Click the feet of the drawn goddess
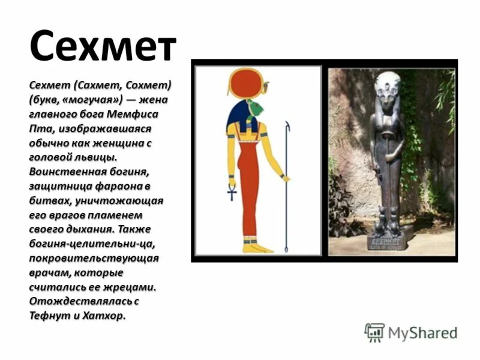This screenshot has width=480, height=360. point(257,247)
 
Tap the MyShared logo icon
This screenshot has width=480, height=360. point(374,332)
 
